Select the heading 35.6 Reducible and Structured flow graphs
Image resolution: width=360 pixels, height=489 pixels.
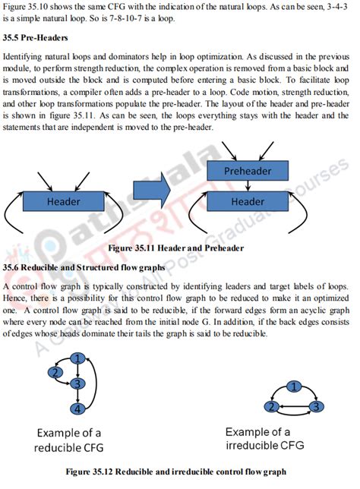coord(84,268)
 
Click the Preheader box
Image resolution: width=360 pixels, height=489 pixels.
coord(248,172)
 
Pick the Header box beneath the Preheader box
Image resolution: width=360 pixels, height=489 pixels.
coord(248,202)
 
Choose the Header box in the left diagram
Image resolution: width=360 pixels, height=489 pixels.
coord(63,202)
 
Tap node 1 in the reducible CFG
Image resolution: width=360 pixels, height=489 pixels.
coord(77,358)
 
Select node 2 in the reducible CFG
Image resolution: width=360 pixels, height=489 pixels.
coord(55,372)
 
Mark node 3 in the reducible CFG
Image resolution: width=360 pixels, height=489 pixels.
coord(77,384)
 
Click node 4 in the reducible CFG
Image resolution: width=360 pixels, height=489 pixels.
coord(77,409)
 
